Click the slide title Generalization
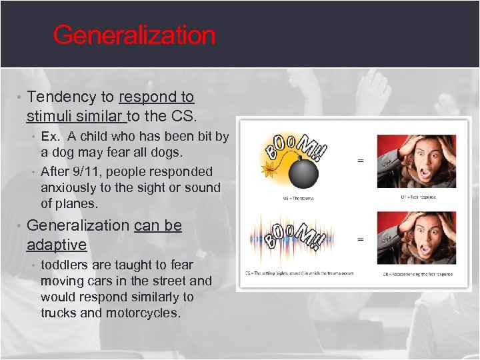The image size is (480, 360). click(x=134, y=35)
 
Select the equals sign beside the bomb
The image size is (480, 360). click(x=361, y=160)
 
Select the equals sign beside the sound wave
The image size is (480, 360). click(x=361, y=239)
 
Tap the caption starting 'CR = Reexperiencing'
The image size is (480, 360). click(x=417, y=274)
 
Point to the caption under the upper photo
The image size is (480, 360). click(x=418, y=197)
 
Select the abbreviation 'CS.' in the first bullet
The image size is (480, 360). click(x=185, y=117)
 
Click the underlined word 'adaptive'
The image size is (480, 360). click(x=57, y=245)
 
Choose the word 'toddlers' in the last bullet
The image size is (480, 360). click(x=65, y=265)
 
